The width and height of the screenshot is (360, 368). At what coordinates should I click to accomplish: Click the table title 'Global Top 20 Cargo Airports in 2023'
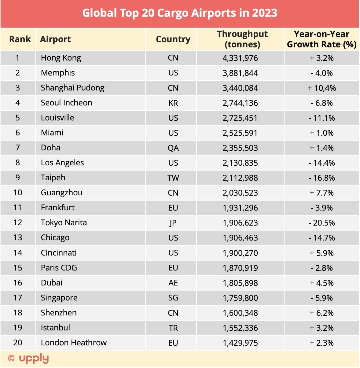pyautogui.click(x=180, y=13)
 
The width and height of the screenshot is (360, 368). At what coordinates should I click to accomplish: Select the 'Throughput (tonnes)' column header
pyautogui.click(x=242, y=39)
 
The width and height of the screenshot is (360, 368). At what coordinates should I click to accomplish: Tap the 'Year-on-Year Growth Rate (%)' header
pyautogui.click(x=321, y=39)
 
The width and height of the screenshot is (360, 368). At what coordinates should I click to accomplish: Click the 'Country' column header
pyautogui.click(x=173, y=39)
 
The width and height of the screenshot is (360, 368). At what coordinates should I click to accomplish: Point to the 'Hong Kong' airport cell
pyautogui.click(x=61, y=58)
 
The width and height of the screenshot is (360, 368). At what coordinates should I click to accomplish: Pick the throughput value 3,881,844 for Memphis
pyautogui.click(x=240, y=73)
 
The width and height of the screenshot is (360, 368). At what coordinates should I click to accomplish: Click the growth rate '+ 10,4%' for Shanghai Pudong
pyautogui.click(x=321, y=88)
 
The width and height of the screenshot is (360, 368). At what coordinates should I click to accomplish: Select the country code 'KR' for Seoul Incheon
pyautogui.click(x=173, y=103)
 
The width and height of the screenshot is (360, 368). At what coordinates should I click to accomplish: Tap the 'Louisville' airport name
pyautogui.click(x=57, y=118)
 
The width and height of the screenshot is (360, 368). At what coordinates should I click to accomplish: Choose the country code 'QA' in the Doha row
pyautogui.click(x=173, y=148)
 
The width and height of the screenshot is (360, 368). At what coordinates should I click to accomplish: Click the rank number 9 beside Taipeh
pyautogui.click(x=18, y=178)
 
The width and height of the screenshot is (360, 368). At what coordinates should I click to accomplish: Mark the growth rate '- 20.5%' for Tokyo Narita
pyautogui.click(x=321, y=223)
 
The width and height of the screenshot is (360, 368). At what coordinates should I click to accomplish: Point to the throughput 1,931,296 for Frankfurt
pyautogui.click(x=240, y=208)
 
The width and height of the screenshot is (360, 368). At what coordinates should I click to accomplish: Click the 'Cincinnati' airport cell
pyautogui.click(x=59, y=253)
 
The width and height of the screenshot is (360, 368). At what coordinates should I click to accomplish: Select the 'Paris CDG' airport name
pyautogui.click(x=59, y=268)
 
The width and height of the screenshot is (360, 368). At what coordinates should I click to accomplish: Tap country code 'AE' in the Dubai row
pyautogui.click(x=173, y=283)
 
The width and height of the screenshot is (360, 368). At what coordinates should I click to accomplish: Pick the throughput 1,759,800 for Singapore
pyautogui.click(x=240, y=298)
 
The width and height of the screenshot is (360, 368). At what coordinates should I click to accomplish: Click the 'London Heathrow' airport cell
pyautogui.click(x=74, y=343)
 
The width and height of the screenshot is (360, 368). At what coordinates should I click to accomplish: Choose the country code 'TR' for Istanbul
pyautogui.click(x=173, y=328)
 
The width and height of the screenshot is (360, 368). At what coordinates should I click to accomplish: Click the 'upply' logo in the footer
pyautogui.click(x=34, y=358)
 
